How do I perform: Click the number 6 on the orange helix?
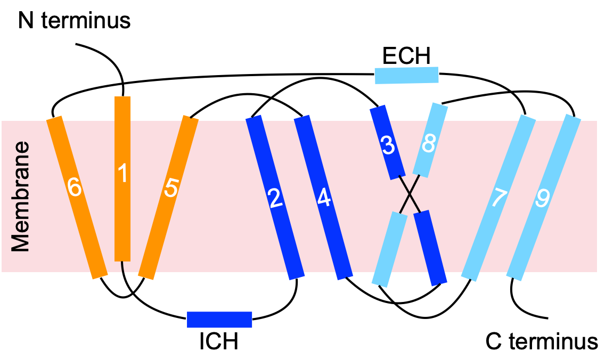(x=75, y=187)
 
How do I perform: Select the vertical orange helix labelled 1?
(x=122, y=224)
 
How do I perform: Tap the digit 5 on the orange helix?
(x=171, y=188)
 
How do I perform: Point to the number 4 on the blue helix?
(x=324, y=198)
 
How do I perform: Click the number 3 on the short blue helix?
(x=388, y=145)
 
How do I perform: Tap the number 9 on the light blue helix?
(x=542, y=199)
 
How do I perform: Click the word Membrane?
(x=21, y=197)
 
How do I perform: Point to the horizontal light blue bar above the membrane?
(x=406, y=75)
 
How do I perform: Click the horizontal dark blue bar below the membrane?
(x=219, y=320)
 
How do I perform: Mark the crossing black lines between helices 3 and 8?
(x=410, y=194)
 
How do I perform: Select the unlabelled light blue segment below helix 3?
(x=389, y=249)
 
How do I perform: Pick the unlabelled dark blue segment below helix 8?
(x=430, y=248)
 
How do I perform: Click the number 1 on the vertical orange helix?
(x=123, y=174)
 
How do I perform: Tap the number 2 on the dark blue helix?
(x=275, y=199)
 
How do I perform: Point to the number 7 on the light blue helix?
(x=499, y=198)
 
